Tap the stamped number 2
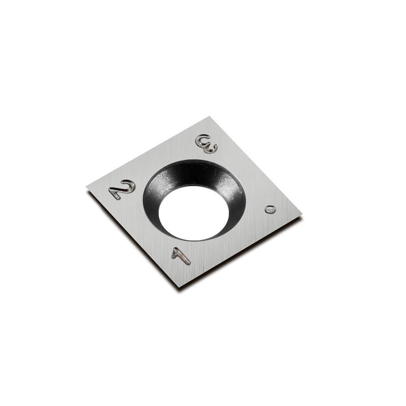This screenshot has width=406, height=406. (122, 190)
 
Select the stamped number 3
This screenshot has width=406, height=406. (206, 144)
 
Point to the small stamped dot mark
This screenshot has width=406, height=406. (270, 209)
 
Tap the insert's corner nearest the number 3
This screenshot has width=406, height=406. (210, 117)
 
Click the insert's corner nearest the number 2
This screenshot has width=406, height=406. (87, 186)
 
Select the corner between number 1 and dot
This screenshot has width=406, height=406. (301, 215)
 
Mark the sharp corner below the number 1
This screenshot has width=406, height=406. (179, 287)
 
